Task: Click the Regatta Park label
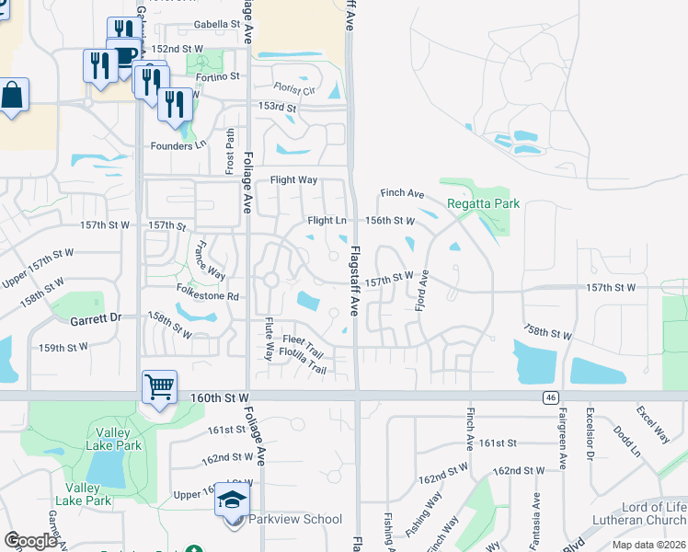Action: (x=483, y=203)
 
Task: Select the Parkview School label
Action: (x=297, y=519)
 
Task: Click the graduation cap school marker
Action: (x=233, y=502)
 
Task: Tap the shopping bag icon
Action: (x=12, y=95)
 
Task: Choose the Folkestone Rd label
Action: (x=208, y=297)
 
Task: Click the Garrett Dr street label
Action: (x=96, y=318)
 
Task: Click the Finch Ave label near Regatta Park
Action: (x=403, y=193)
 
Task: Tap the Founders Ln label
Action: (x=178, y=145)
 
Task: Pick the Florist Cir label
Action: (x=293, y=90)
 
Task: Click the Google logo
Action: (x=30, y=540)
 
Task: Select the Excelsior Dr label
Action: (x=590, y=436)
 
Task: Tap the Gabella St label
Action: (x=216, y=25)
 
